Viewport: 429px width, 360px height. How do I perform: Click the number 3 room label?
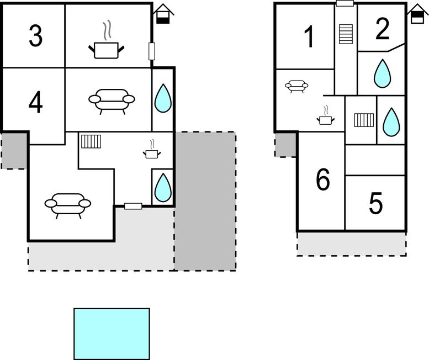point(35,36)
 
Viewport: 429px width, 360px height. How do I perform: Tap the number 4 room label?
point(35,102)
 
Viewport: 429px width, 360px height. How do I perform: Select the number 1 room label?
point(310,37)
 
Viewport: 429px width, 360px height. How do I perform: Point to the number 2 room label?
point(382,29)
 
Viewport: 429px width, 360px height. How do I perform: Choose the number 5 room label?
point(375,204)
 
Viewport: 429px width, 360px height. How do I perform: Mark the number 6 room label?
point(323,180)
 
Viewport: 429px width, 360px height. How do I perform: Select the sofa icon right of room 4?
point(112,100)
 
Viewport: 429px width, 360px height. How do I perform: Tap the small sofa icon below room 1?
point(296,86)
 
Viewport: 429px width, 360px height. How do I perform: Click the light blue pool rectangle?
point(112,333)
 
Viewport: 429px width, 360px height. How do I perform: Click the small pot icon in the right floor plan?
point(324,118)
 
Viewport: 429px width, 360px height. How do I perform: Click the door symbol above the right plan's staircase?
point(345,3)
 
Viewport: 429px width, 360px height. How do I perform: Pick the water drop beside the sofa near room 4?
point(162,98)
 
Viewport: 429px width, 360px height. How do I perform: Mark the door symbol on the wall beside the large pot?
point(152,51)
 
